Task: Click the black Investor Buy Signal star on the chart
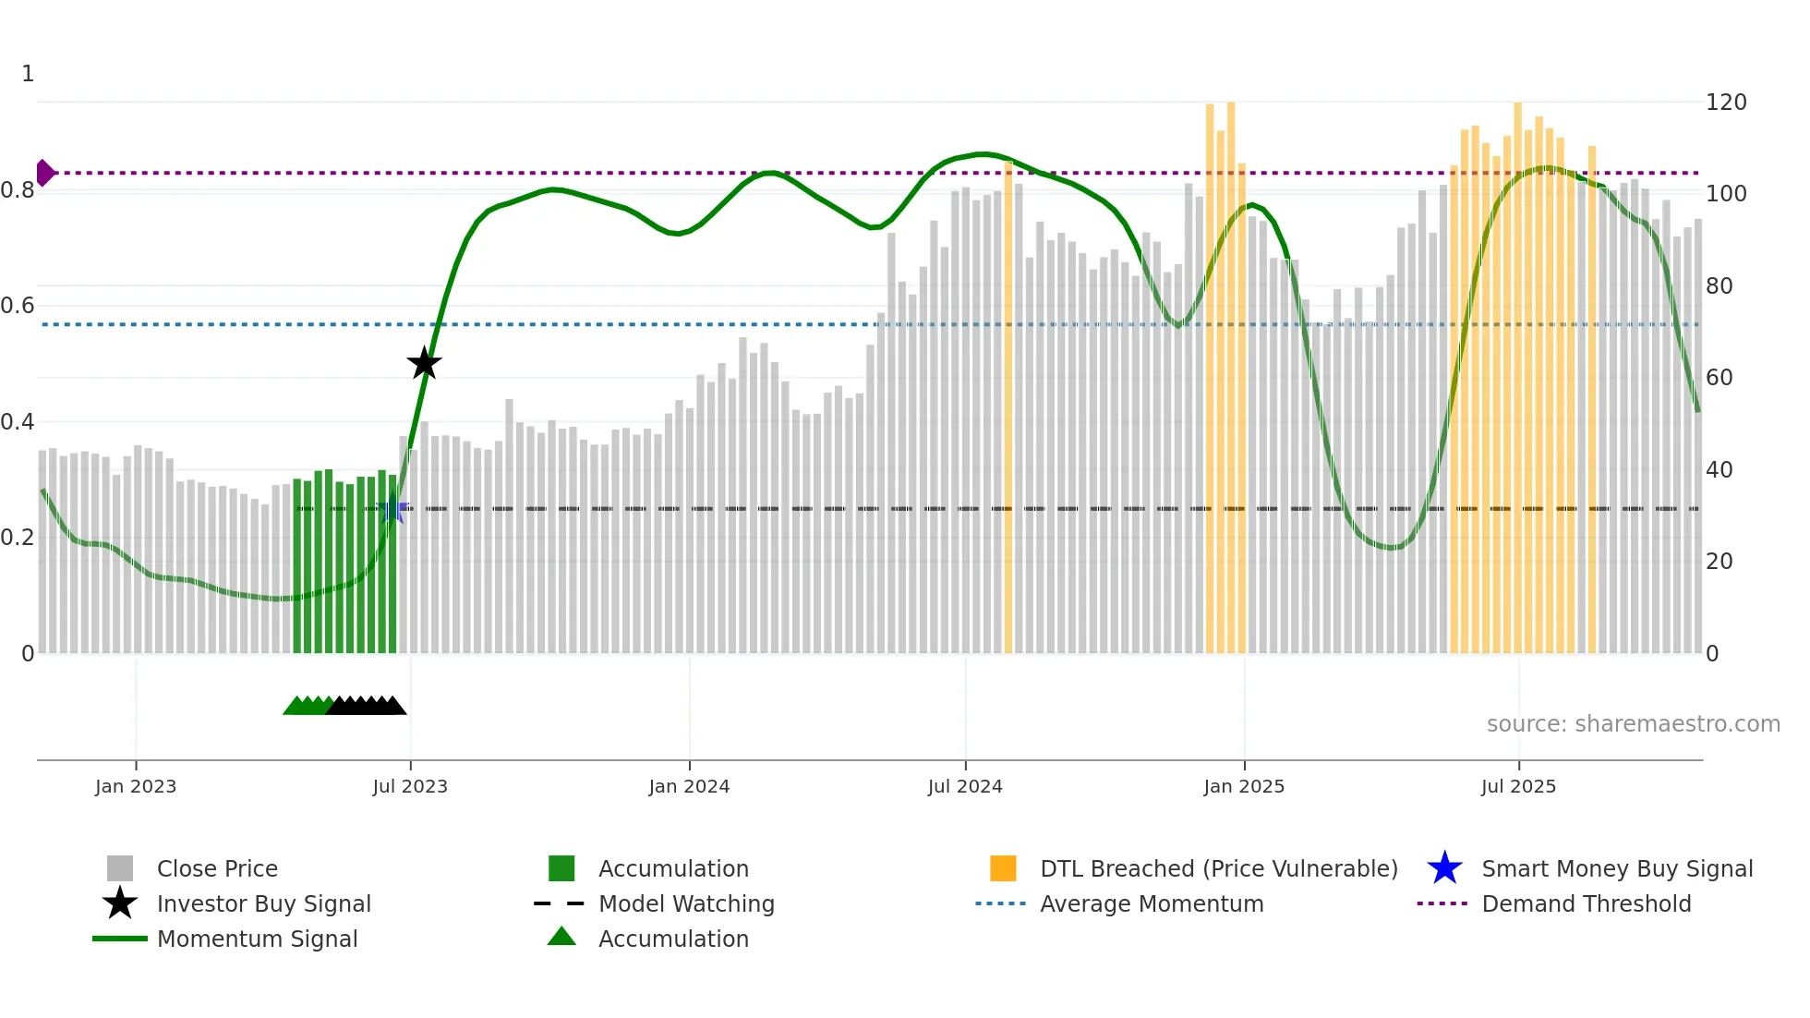pos(424,363)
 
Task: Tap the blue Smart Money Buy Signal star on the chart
pos(392,508)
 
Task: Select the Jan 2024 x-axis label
pos(689,786)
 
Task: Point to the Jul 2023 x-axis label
pos(410,786)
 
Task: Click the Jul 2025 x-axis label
pos(1518,786)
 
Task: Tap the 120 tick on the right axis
pos(1726,103)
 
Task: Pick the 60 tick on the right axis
pos(1719,378)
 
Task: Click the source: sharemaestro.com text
pos(1633,724)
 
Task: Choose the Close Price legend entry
pos(217,869)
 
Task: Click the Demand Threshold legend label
pos(1586,904)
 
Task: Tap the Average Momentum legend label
pos(1151,904)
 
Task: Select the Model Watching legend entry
pos(686,904)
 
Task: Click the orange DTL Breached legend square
pos(1003,868)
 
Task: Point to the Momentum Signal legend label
pos(257,939)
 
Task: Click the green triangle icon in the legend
pos(561,937)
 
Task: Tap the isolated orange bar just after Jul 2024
pos(1008,406)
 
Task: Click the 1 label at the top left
pos(28,74)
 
